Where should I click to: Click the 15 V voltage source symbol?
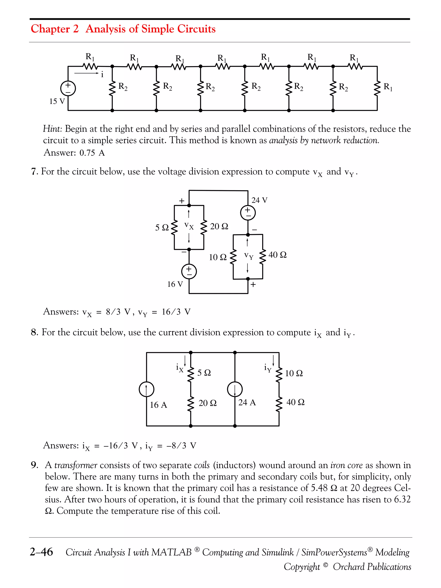(x=68, y=88)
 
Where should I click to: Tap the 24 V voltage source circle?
(x=248, y=213)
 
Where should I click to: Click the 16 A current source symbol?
(x=146, y=389)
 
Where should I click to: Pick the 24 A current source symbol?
(x=235, y=389)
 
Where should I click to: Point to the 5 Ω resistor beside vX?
(x=174, y=228)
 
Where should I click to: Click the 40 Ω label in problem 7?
(x=278, y=255)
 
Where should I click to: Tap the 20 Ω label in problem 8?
(x=207, y=403)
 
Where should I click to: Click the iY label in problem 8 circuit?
(x=268, y=368)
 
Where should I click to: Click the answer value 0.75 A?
(x=92, y=153)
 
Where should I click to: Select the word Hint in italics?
(x=52, y=129)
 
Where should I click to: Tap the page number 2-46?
(x=41, y=552)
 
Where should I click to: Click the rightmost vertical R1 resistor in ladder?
(x=377, y=88)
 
